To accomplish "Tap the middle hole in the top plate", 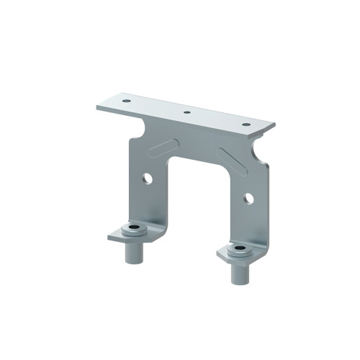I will [186, 112].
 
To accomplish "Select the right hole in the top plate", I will [246, 124].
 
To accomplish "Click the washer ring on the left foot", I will [132, 231].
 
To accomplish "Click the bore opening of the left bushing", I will [132, 229].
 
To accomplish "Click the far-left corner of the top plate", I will [96, 107].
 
